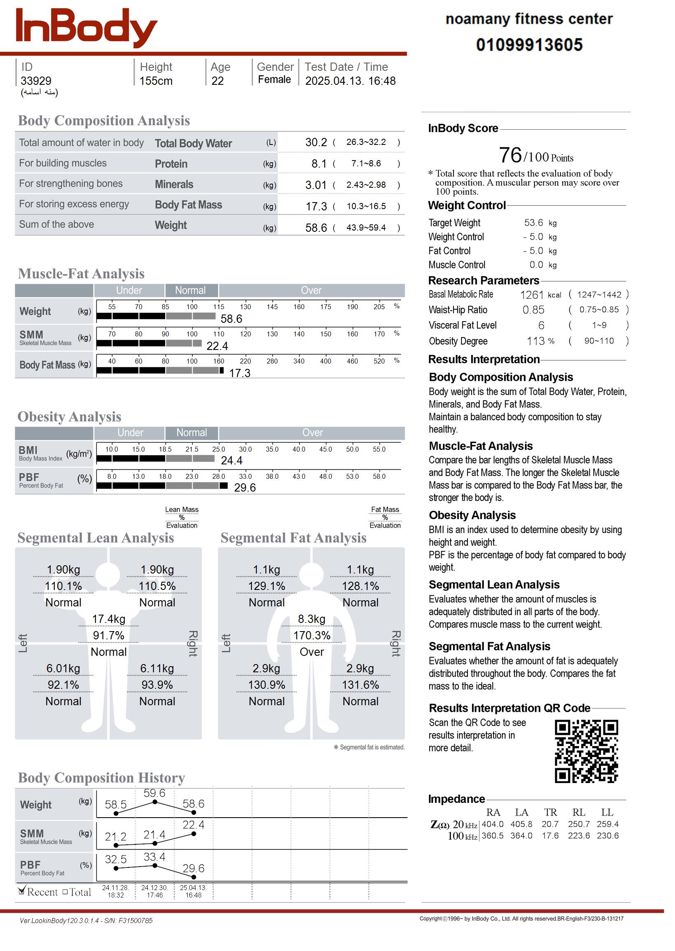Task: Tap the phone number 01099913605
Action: pos(529,45)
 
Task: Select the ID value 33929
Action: pos(36,81)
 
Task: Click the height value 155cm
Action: pos(156,81)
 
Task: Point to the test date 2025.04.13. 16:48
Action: pos(350,81)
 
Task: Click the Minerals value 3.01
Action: pos(316,185)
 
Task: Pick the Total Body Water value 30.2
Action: pos(316,142)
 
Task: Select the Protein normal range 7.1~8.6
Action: pos(366,163)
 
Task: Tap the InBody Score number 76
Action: pos(510,155)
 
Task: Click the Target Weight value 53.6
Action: pos(533,223)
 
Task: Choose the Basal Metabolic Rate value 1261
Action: pos(532,295)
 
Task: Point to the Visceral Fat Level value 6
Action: pos(541,326)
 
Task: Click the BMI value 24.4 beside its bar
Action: pos(231,461)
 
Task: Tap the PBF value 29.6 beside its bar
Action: pos(244,487)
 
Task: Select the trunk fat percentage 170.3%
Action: pos(312,636)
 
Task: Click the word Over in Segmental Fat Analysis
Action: pos(312,652)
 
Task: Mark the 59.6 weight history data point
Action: pos(155,802)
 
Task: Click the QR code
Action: pos(586,751)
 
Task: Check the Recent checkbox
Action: pos(22,891)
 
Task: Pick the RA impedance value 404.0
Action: pos(492,824)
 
